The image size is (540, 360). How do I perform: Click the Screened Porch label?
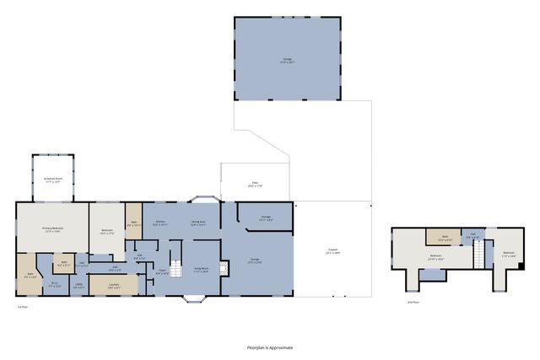(52, 180)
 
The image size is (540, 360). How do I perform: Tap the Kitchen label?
(160, 223)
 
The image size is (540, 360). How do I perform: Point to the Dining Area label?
(198, 223)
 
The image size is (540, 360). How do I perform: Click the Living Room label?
(201, 269)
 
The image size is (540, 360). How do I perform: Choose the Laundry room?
(113, 286)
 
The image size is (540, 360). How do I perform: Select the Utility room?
(78, 285)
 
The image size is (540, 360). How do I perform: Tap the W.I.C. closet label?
(54, 284)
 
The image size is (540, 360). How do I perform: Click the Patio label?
(253, 185)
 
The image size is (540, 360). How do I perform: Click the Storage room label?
(265, 218)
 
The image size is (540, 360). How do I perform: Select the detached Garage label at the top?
(286, 60)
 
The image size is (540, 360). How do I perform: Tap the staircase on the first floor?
(175, 269)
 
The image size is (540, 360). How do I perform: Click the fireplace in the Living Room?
(223, 268)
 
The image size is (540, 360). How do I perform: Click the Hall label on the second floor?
(473, 236)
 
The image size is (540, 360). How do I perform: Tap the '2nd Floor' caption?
(413, 301)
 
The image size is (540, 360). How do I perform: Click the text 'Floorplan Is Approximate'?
(269, 347)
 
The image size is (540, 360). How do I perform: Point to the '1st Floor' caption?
(23, 307)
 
